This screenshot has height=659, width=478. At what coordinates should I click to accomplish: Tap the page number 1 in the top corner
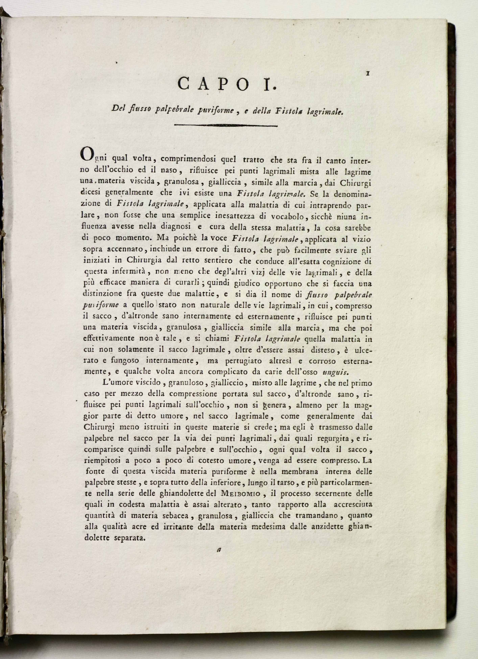[368, 74]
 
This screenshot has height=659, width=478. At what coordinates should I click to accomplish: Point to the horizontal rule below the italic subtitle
[225, 126]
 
